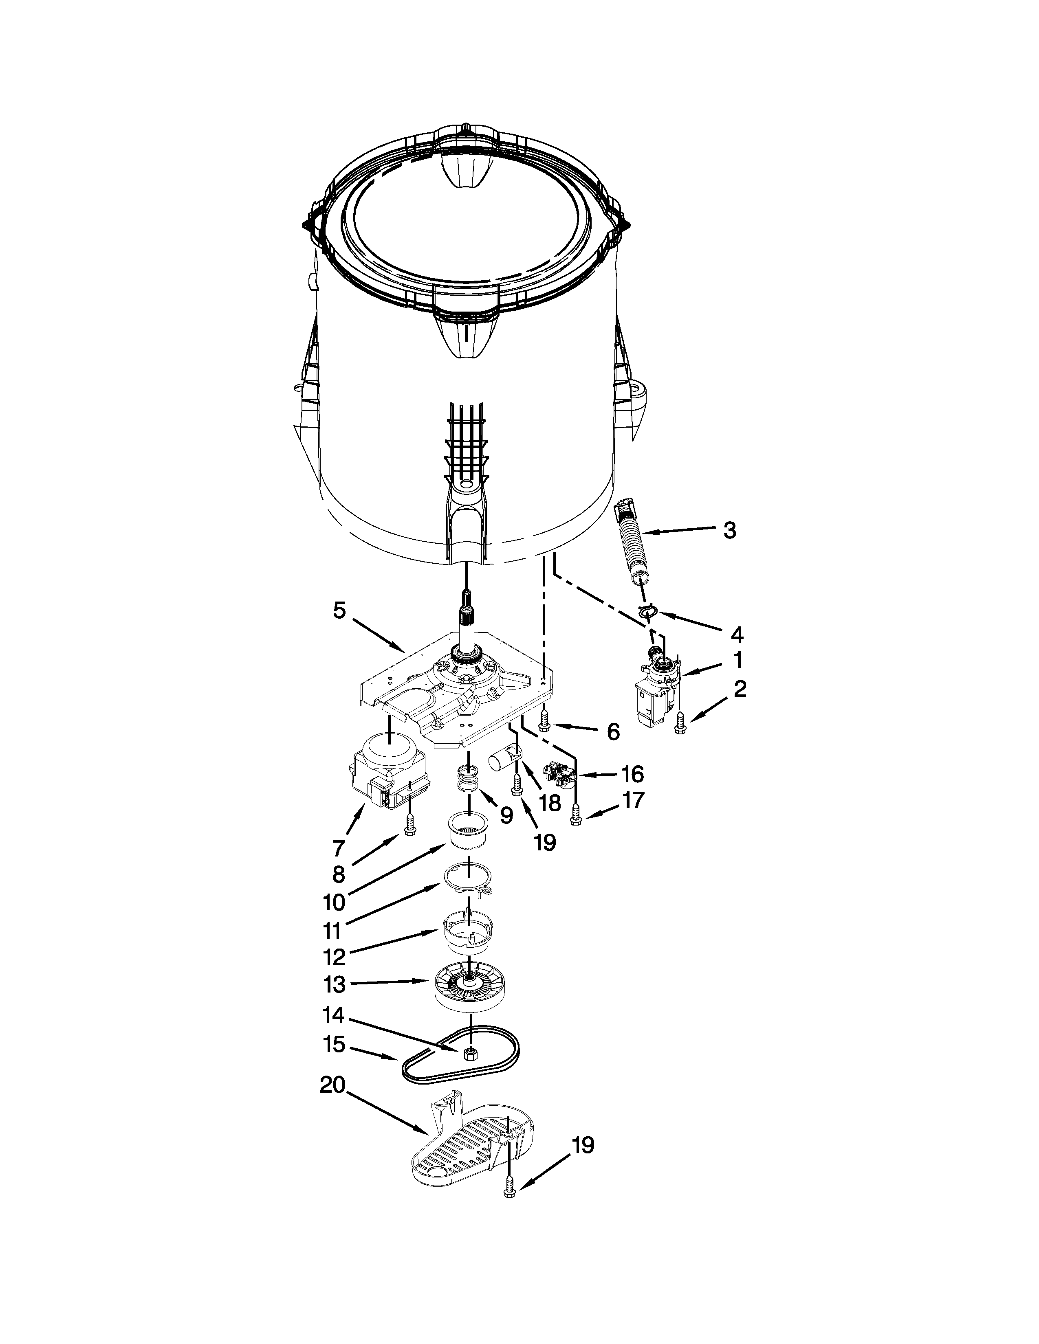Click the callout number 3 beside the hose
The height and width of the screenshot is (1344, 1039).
(x=729, y=530)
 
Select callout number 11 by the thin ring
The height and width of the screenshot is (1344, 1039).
(x=332, y=929)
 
